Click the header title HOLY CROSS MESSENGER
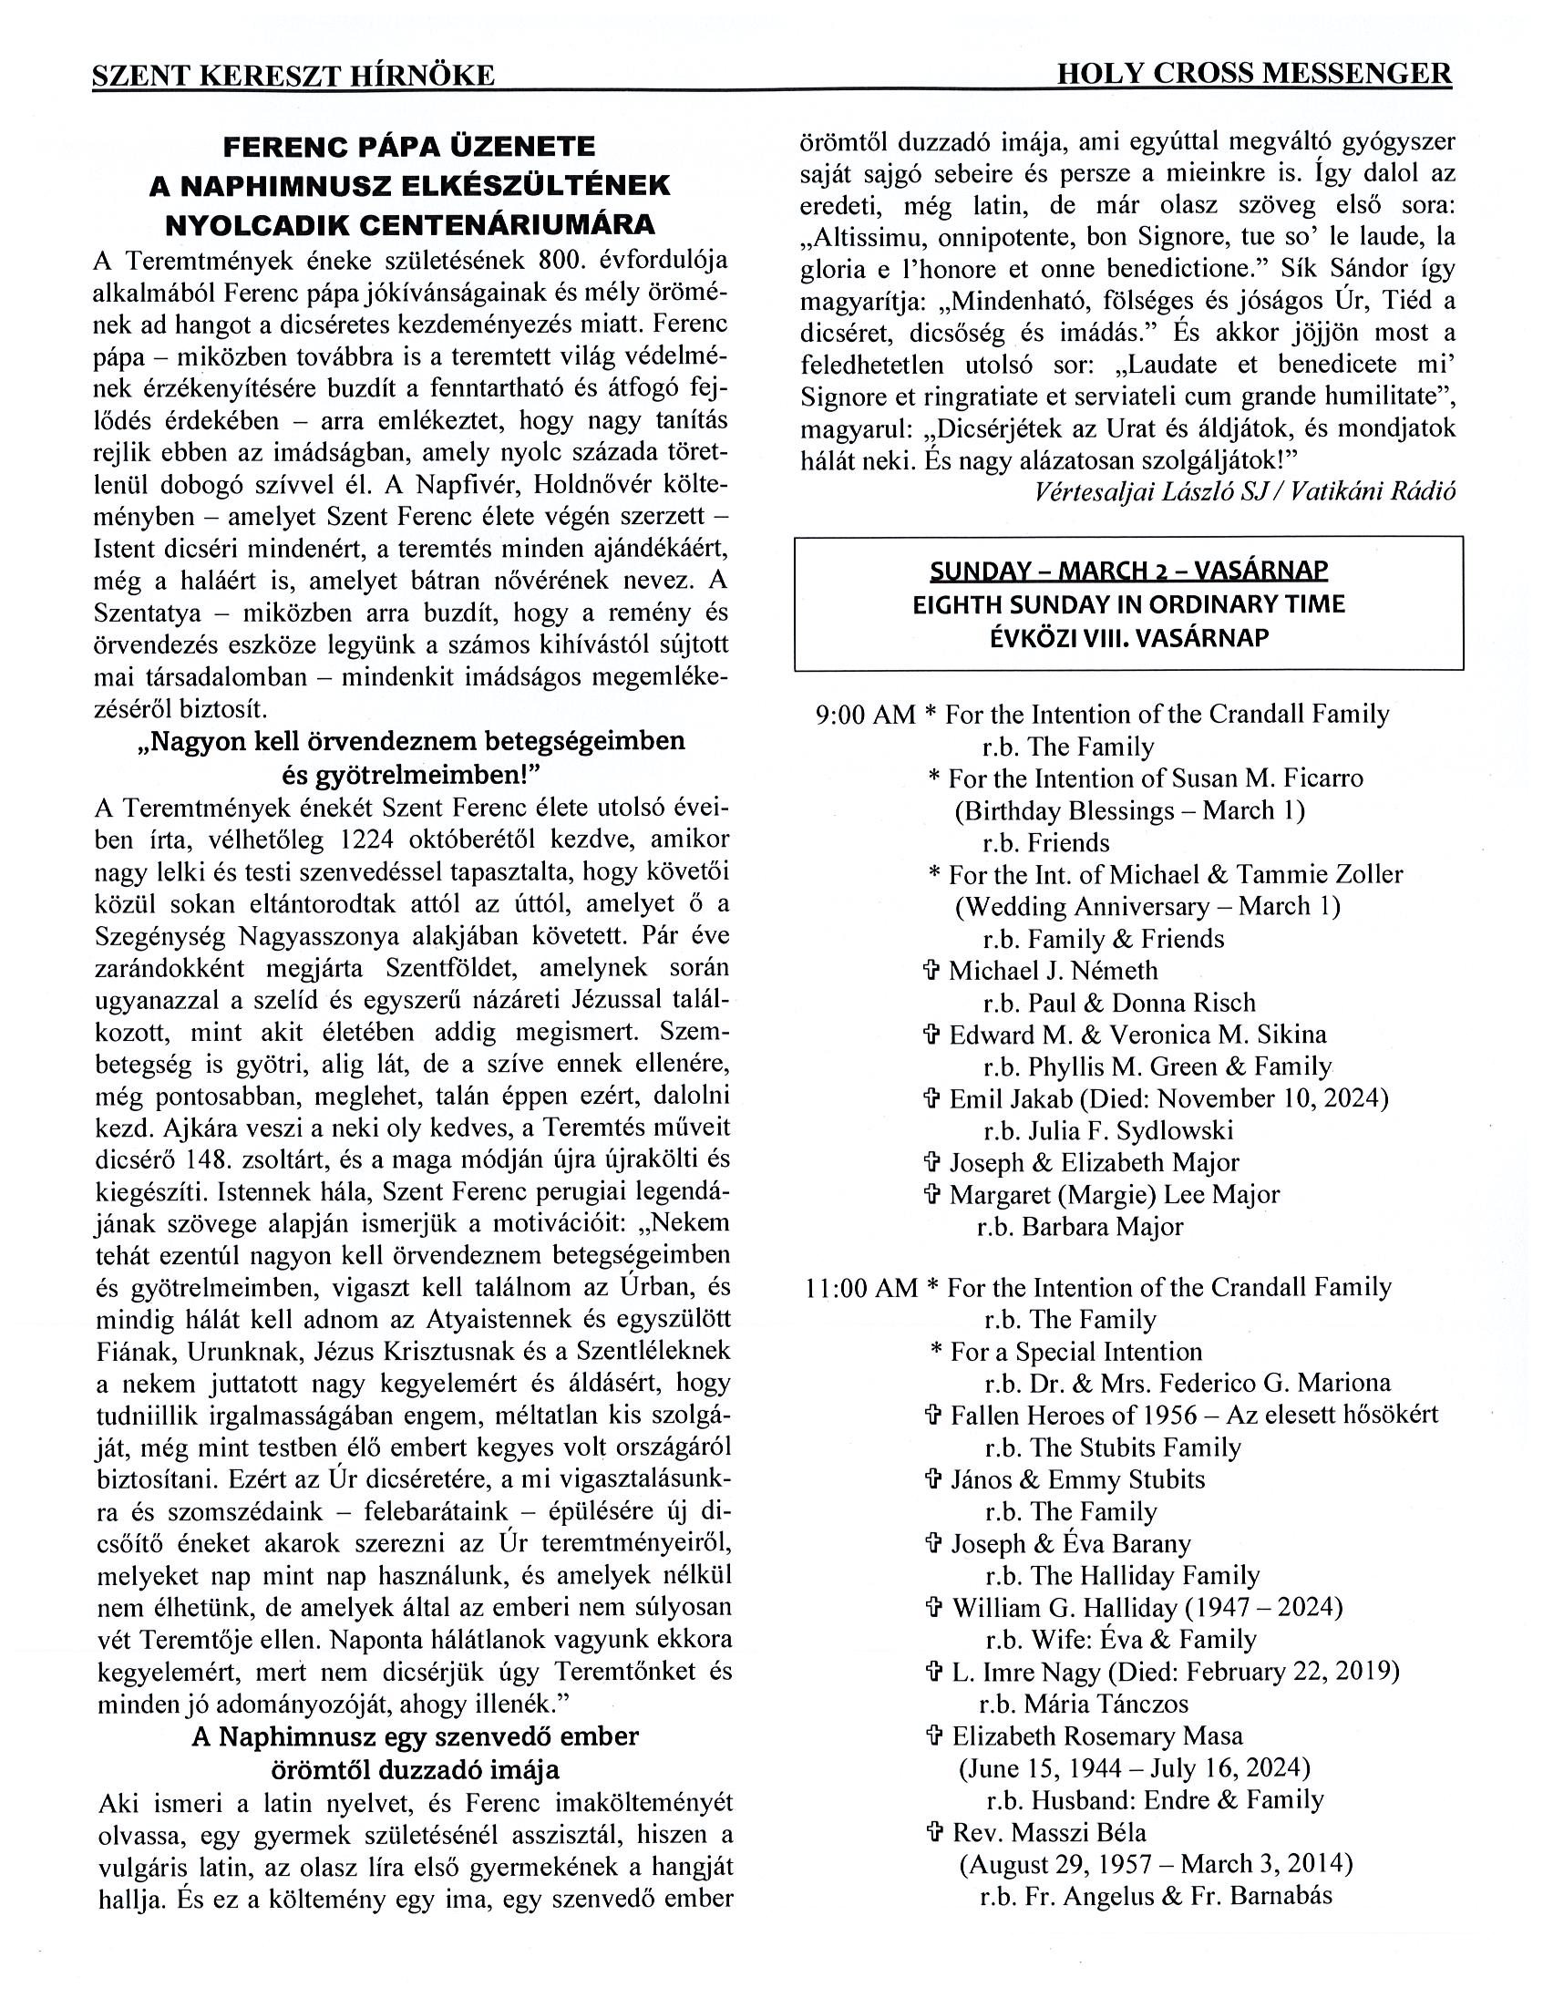coord(1253,74)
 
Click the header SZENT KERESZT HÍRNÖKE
coord(293,76)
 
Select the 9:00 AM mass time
coord(864,715)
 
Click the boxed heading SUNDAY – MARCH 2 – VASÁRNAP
coord(1128,571)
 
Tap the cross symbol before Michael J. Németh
coord(934,972)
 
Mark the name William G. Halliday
coord(1055,1607)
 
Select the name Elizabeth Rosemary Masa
coord(1097,1735)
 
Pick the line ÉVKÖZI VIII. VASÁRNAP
coord(1128,638)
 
